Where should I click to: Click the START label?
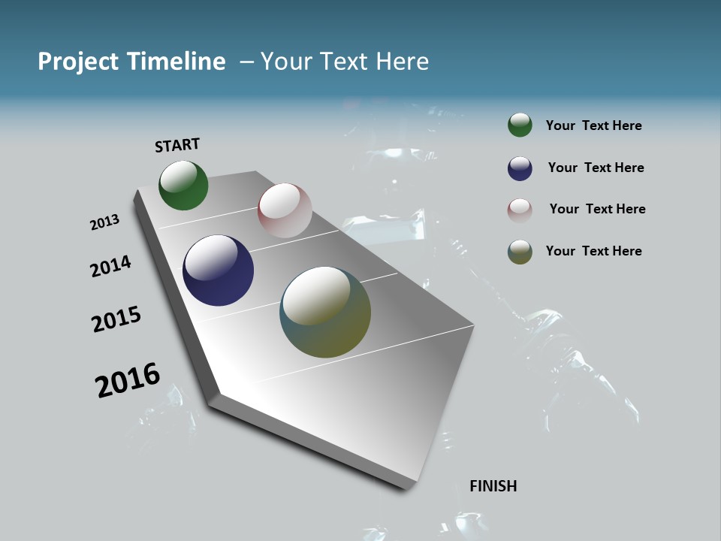click(177, 145)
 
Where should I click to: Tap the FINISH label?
click(493, 486)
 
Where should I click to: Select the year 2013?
click(104, 222)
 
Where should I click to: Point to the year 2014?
click(110, 266)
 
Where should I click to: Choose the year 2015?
click(116, 319)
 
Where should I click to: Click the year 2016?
click(128, 380)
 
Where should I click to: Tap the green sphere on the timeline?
click(183, 186)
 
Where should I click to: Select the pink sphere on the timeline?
click(285, 210)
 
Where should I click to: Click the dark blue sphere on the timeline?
click(218, 270)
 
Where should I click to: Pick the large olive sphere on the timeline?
click(325, 312)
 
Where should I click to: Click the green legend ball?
click(520, 125)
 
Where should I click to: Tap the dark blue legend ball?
click(520, 168)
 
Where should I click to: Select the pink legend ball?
click(520, 210)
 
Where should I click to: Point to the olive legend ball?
click(520, 252)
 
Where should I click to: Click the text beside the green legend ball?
click(593, 126)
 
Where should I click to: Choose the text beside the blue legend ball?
click(596, 168)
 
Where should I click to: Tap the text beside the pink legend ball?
click(597, 209)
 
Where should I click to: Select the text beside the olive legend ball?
click(593, 251)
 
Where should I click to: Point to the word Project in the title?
click(77, 62)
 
